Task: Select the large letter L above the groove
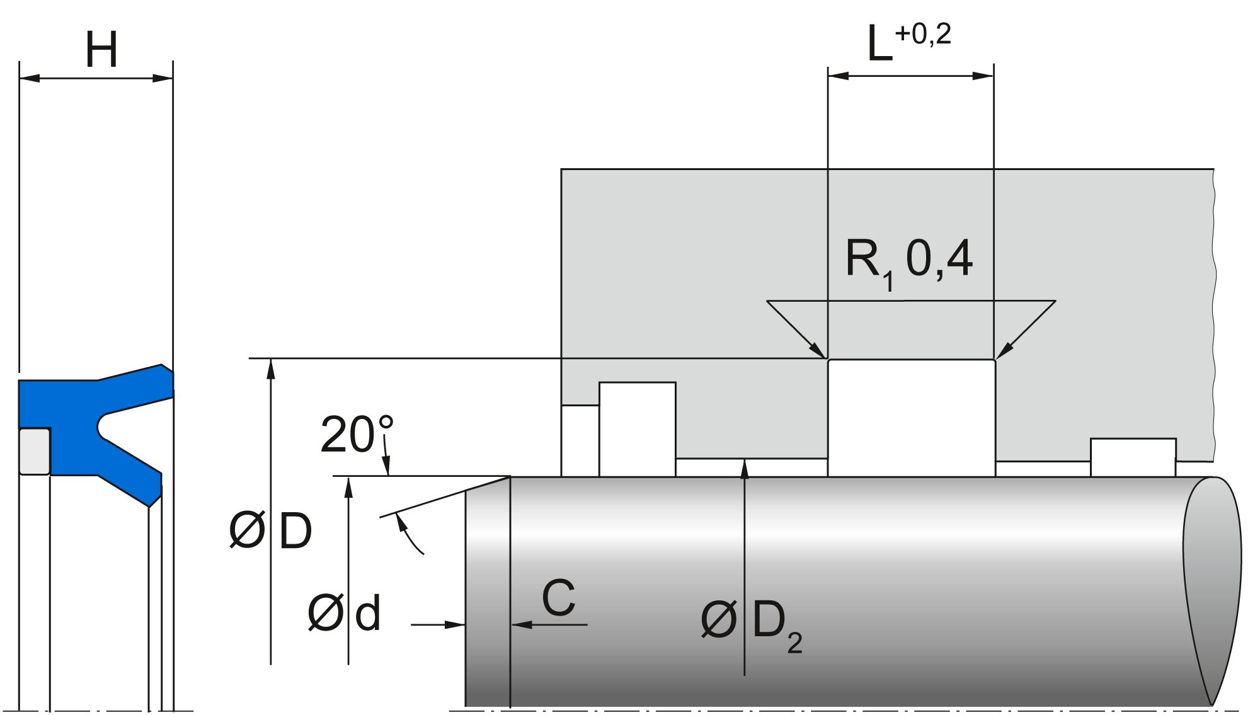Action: tap(879, 44)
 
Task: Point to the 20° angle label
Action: tap(357, 435)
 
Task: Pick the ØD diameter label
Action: tap(270, 530)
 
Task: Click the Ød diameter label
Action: tap(344, 614)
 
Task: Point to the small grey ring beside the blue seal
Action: tap(34, 451)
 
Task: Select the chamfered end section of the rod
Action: tap(487, 592)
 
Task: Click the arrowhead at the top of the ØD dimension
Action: tap(271, 367)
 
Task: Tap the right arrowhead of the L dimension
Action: tap(983, 76)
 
